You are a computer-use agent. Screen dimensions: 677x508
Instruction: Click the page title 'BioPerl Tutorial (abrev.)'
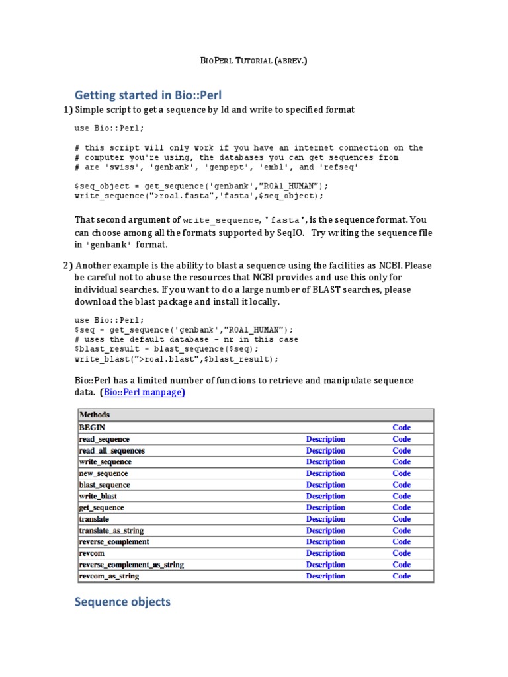253,61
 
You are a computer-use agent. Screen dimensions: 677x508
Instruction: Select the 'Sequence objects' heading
122,602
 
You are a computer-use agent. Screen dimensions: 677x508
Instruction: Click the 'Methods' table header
95,415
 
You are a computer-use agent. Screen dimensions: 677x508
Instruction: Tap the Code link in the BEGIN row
402,428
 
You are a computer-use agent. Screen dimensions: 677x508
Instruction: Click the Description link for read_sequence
325,439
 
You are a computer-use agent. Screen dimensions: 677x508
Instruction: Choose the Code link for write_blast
402,497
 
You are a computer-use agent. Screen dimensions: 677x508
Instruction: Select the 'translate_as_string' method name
111,530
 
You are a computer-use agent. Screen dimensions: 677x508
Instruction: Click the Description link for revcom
325,553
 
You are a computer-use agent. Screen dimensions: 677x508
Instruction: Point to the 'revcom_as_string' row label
109,577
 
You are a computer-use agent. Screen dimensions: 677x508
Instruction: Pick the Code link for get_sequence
402,508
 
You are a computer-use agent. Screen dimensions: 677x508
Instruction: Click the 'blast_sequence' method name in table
105,485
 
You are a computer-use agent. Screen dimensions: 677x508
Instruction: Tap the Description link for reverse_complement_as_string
325,565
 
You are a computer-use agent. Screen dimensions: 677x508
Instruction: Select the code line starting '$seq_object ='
201,186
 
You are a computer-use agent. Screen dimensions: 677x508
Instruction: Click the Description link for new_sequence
325,473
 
